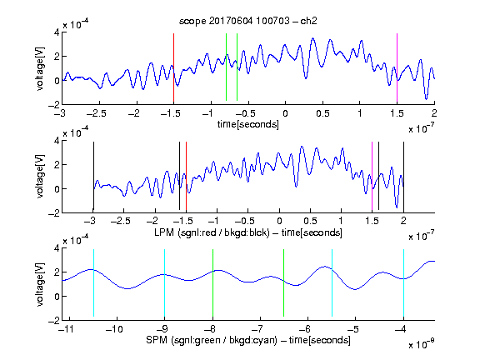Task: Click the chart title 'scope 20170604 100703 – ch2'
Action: [248, 21]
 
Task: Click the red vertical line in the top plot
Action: [173, 67]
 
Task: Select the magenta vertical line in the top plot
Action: [397, 67]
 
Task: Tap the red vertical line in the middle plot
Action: [186, 176]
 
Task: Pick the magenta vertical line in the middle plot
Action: [372, 176]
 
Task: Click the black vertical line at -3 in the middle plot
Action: [93, 176]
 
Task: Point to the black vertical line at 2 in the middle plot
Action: [403, 176]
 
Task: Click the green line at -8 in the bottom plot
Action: [212, 282]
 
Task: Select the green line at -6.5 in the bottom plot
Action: [284, 282]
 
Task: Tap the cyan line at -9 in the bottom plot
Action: [165, 282]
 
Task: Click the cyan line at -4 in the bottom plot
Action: [403, 282]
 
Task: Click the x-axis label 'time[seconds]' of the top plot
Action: [248, 124]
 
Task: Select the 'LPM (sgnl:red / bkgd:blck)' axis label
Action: [212, 232]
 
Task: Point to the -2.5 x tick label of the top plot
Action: [97, 113]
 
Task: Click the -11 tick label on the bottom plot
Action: [67, 329]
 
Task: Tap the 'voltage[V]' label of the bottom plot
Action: [40, 284]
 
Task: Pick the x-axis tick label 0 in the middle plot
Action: [279, 221]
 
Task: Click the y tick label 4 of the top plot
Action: [57, 32]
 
